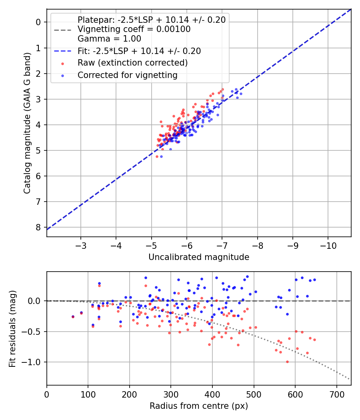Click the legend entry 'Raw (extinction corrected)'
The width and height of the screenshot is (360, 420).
(132, 63)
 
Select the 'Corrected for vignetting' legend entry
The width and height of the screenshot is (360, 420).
(127, 75)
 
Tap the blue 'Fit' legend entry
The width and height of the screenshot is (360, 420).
(139, 51)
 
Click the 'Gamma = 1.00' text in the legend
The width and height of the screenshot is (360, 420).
(109, 39)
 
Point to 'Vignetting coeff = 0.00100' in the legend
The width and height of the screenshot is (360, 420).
(134, 30)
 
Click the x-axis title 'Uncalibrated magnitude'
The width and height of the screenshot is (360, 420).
(199, 257)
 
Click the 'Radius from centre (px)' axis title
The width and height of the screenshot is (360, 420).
(199, 406)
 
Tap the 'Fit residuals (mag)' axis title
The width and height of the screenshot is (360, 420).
(12, 329)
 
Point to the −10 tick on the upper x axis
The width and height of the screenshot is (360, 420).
(328, 245)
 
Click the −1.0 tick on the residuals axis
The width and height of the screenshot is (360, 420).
(34, 362)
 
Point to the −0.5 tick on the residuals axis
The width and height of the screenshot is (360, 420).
(34, 332)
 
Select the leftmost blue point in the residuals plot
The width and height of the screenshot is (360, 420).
(73, 316)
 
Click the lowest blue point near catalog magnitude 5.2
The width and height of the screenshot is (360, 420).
(161, 156)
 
